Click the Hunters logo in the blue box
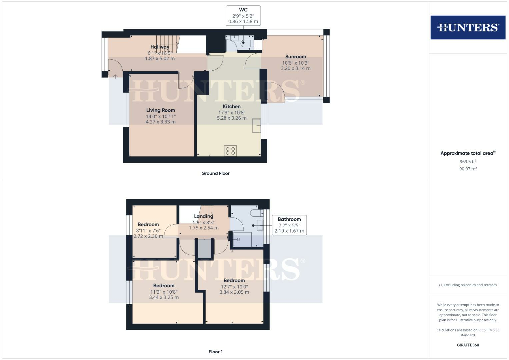(x=468, y=27)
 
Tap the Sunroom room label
(x=295, y=57)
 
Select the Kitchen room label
(x=232, y=107)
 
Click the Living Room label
(x=160, y=110)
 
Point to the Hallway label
(x=160, y=47)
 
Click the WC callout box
(x=243, y=16)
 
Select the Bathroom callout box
(x=289, y=225)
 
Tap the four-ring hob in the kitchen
(x=230, y=151)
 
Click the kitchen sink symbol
(x=256, y=125)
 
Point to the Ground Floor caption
(x=215, y=173)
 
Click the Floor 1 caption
(x=215, y=352)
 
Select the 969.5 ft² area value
(x=468, y=162)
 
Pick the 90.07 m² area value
(x=468, y=169)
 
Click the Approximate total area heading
(x=468, y=153)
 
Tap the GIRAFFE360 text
(x=468, y=345)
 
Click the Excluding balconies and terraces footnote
(x=468, y=285)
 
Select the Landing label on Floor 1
(x=203, y=216)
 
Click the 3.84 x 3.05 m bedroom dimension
(x=234, y=292)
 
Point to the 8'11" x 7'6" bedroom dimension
(x=148, y=231)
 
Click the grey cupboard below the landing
(x=204, y=248)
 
